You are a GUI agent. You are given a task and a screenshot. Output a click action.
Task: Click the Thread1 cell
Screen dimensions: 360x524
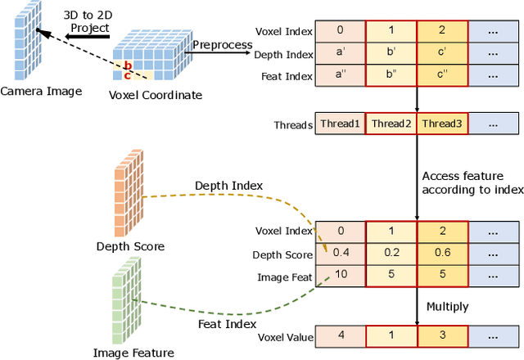tap(339, 124)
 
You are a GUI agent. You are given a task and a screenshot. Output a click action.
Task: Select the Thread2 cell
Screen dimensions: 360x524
tap(391, 124)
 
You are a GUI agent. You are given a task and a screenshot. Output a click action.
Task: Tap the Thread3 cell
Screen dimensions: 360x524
tap(442, 124)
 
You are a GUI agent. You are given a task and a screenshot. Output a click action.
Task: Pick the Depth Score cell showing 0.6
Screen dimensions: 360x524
tap(442, 252)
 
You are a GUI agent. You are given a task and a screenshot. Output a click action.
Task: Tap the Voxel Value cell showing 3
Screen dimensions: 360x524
tap(442, 335)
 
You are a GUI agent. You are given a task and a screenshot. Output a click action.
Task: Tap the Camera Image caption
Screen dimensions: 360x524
tap(41, 91)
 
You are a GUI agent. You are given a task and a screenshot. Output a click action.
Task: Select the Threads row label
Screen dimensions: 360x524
tap(292, 124)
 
